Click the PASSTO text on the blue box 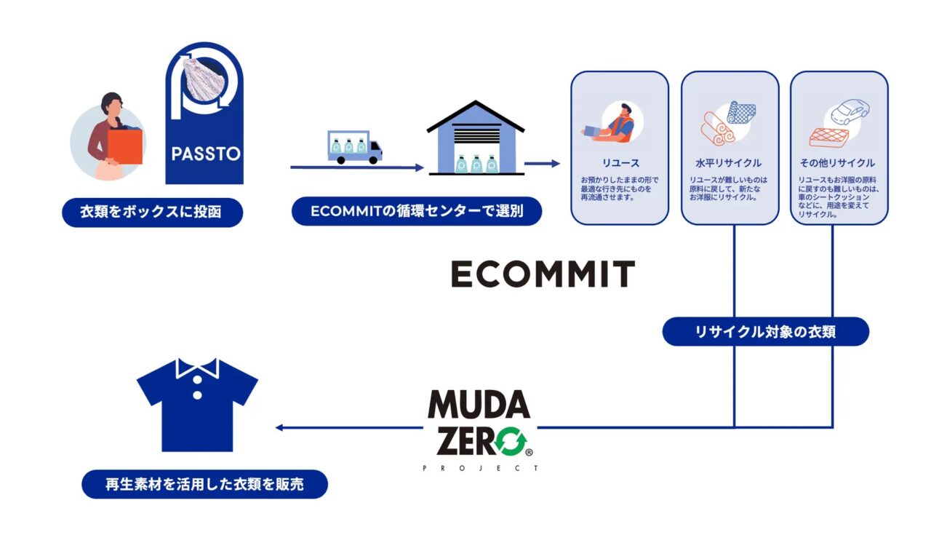(x=204, y=155)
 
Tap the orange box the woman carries (x=126, y=146)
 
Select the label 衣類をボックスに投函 (x=152, y=213)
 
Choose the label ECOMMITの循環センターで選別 (x=417, y=211)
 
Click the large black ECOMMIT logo (x=542, y=274)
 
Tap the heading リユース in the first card (x=619, y=163)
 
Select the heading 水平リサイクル (x=729, y=163)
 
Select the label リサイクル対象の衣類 (x=766, y=332)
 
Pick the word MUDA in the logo (x=478, y=403)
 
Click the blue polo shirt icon (x=197, y=404)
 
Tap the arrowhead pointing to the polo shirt (x=279, y=427)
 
